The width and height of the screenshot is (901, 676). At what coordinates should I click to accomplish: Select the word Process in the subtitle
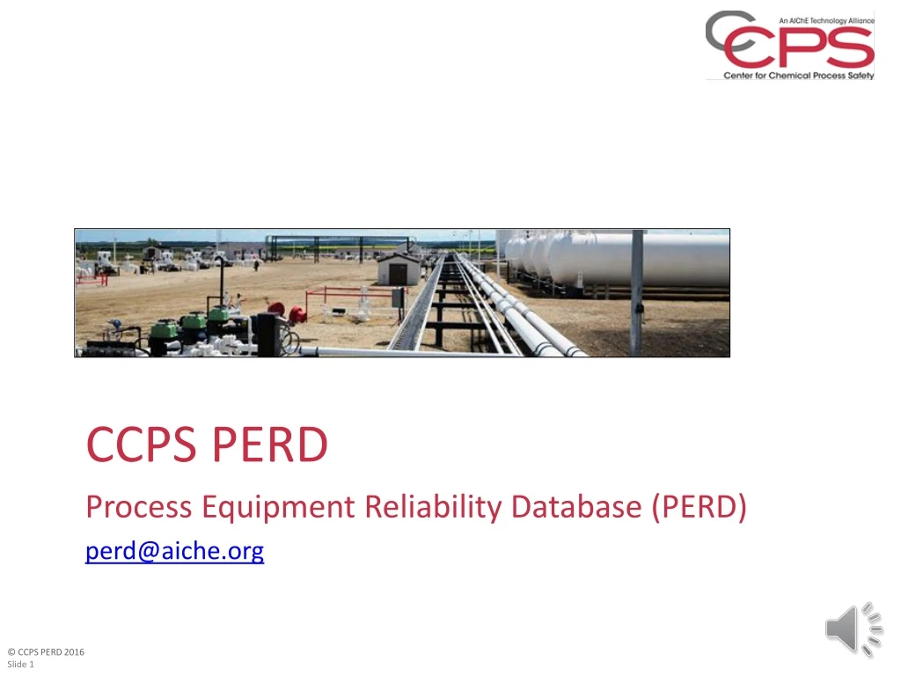coord(138,507)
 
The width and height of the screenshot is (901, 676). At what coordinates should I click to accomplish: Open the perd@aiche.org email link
coord(174,552)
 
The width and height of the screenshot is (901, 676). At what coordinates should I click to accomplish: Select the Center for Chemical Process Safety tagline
coord(799,76)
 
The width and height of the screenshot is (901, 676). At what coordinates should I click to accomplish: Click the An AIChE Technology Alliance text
coord(826,20)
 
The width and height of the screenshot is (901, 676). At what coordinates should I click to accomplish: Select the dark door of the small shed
coord(398,274)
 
